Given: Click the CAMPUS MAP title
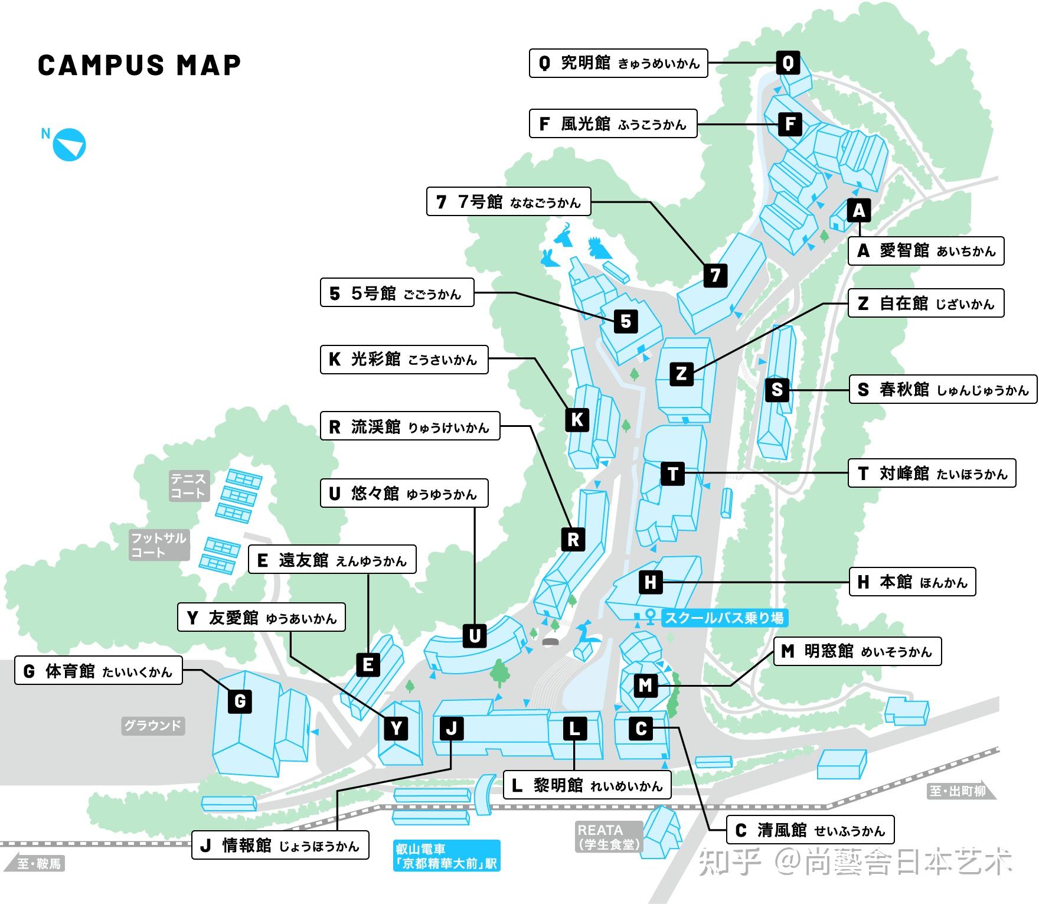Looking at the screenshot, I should coord(139,65).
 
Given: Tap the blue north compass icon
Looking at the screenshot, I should coord(70,145).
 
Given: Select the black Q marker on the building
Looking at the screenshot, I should coord(788,63).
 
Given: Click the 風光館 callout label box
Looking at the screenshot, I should coord(613,123).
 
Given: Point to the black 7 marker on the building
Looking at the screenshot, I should coord(715,275).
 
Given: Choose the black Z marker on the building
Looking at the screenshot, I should coord(681,373).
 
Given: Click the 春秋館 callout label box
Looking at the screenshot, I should coord(942,389).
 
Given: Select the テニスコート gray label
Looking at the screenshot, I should coord(189,486).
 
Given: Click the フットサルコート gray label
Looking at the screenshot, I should coord(159,545).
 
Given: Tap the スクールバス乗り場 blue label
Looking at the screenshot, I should coord(724,618).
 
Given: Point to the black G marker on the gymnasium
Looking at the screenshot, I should coord(240,701).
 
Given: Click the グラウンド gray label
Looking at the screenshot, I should coord(153,726).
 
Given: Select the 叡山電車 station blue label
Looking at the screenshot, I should coord(446,856).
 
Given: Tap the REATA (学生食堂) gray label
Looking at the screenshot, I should coord(609,837).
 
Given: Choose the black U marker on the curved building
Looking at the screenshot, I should coord(474,636).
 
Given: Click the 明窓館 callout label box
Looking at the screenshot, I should coord(857,651).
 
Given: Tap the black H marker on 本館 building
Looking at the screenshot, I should coord(650,582).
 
